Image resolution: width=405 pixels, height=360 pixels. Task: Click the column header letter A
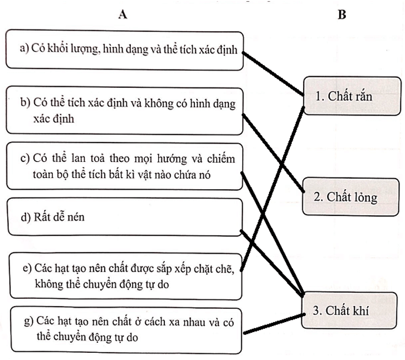tap(123, 15)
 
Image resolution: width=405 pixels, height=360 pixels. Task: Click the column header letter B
tap(341, 15)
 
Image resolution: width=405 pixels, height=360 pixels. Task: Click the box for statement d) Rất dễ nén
tap(125, 217)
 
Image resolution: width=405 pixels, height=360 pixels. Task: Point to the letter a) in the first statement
tap(24, 50)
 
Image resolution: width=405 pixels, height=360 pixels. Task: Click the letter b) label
tap(25, 103)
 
